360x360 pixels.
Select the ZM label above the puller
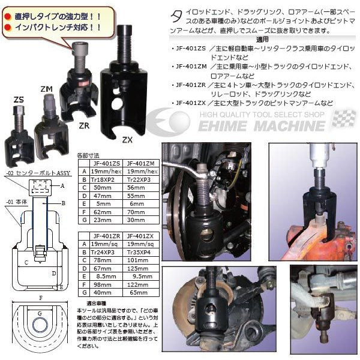coord(46,89)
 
